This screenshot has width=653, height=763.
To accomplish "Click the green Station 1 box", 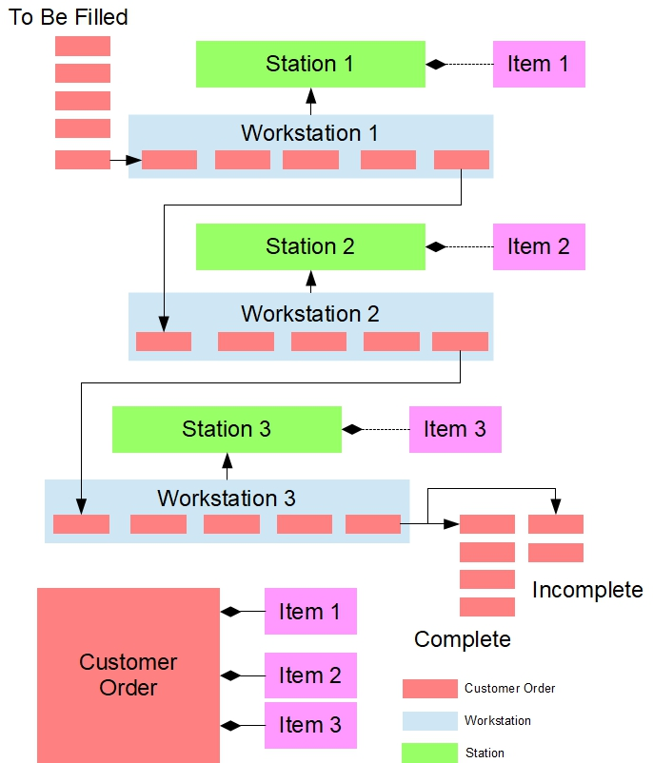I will (x=310, y=65).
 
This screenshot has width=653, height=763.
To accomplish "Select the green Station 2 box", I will (x=310, y=246).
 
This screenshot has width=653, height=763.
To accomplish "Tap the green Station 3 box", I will (x=227, y=429).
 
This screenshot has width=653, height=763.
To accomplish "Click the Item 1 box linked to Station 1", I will (x=538, y=65).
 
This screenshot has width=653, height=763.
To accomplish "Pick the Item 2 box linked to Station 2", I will (x=538, y=246).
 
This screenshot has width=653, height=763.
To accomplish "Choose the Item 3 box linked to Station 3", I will (x=455, y=429).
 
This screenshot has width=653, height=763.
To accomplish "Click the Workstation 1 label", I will (x=310, y=133).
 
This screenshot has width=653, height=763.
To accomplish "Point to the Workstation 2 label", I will (x=310, y=313).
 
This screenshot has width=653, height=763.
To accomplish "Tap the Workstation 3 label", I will (x=227, y=498).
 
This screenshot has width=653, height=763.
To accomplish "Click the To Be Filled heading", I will (x=68, y=17).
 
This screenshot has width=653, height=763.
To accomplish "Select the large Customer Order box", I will (x=129, y=675).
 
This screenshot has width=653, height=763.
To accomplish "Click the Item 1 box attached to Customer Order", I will (x=310, y=612).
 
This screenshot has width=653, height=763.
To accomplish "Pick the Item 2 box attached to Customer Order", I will (x=310, y=675).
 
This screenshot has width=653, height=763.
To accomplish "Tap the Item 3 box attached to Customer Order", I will (x=310, y=725).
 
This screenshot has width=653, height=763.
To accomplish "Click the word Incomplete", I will (x=587, y=590).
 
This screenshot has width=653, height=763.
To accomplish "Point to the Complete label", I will (x=463, y=638).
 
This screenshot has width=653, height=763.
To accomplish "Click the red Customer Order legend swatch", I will (x=429, y=689).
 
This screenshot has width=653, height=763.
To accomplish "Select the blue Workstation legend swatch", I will (x=429, y=721).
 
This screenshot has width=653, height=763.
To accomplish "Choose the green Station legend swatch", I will (x=429, y=753).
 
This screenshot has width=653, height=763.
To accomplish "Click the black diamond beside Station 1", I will (x=436, y=65).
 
